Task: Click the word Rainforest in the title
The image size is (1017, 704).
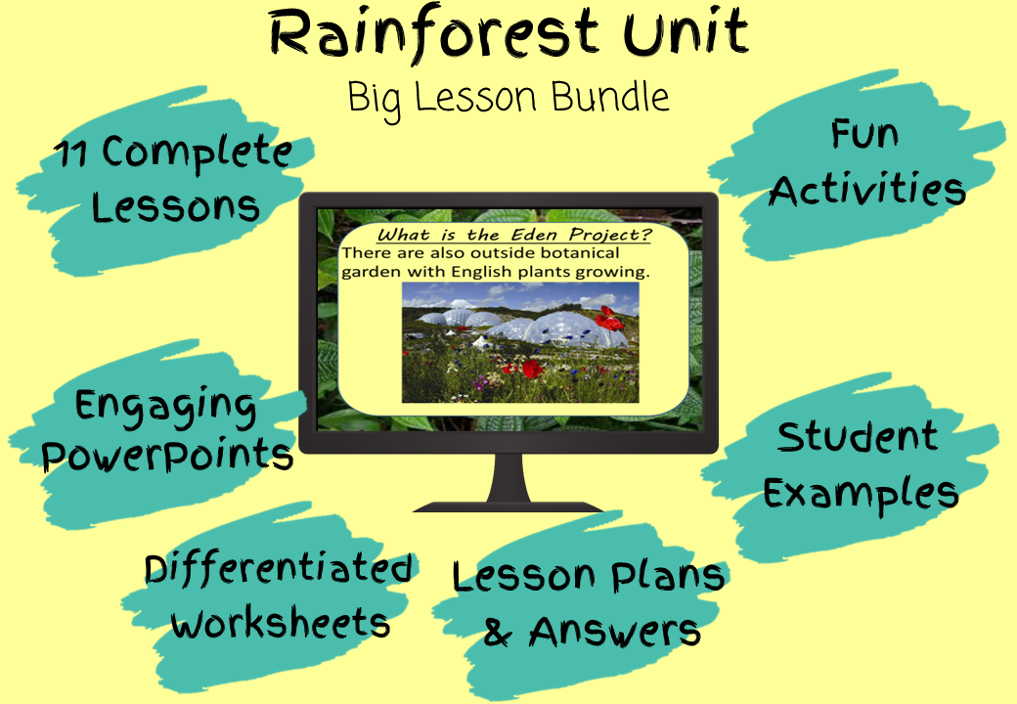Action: (433, 33)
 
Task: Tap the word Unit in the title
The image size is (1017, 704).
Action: (686, 31)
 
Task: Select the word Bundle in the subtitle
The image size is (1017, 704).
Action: (610, 97)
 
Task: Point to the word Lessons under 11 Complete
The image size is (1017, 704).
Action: (175, 207)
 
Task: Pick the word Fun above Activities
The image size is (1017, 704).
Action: (864, 135)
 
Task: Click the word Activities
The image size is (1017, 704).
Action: (867, 189)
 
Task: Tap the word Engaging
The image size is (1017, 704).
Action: (165, 408)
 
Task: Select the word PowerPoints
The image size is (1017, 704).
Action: (167, 456)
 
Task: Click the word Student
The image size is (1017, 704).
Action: (857, 436)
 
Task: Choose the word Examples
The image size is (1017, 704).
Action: (861, 495)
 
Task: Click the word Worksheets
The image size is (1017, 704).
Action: (281, 623)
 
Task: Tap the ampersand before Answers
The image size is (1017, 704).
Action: (498, 632)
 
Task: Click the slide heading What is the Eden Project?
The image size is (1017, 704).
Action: (514, 235)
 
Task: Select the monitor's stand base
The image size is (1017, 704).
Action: (508, 506)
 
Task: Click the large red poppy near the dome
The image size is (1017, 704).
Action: (608, 319)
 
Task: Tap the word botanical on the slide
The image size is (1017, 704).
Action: (580, 253)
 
